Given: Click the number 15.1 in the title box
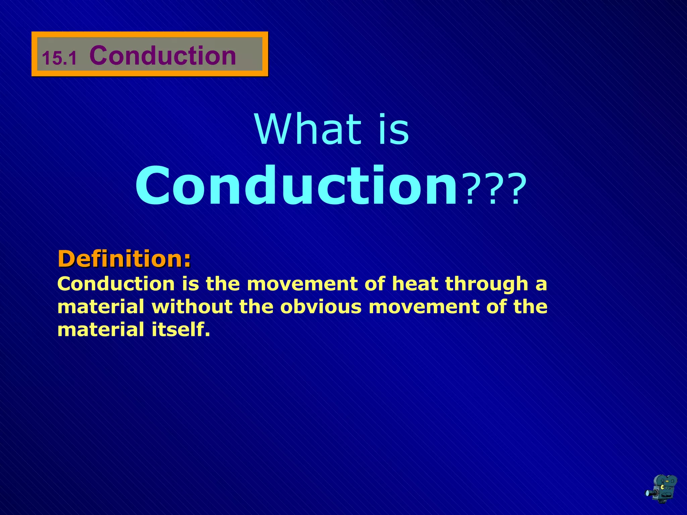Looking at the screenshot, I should [x=59, y=58].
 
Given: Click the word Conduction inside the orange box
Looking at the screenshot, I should [x=163, y=55].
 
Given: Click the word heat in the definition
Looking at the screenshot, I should [x=415, y=284].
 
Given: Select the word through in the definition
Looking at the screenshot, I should [x=487, y=284].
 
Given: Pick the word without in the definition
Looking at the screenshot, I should [x=192, y=307].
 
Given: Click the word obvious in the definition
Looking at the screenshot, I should [x=321, y=307].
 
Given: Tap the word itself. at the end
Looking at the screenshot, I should [x=181, y=330].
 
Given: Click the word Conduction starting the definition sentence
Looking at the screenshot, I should [x=116, y=284].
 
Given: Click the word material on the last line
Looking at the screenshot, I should [x=101, y=330].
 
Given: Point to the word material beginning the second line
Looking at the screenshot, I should [x=101, y=307].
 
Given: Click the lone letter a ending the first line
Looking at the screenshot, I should [x=541, y=285].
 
